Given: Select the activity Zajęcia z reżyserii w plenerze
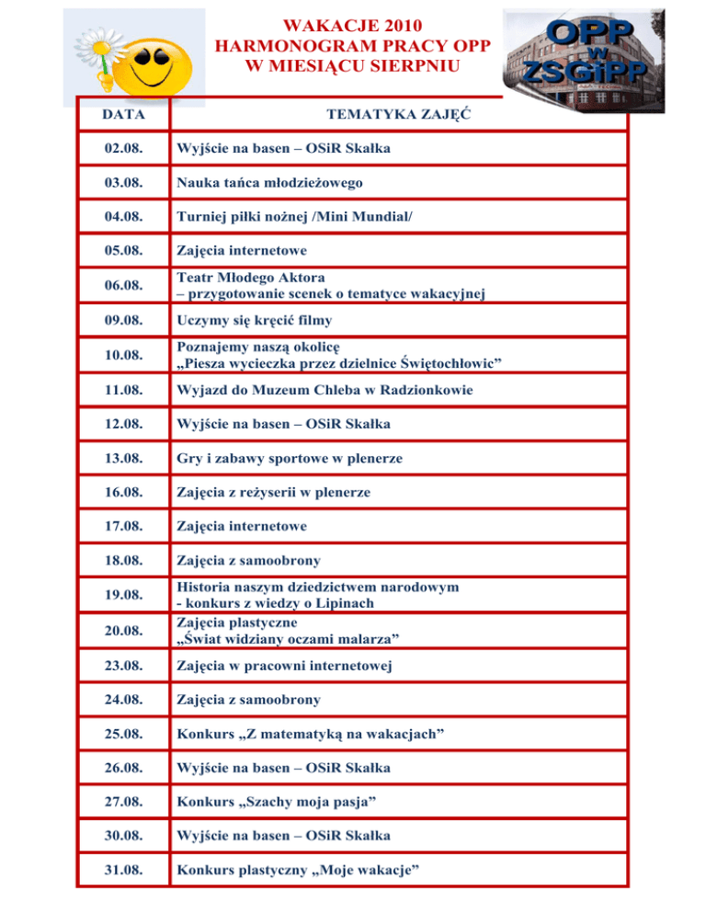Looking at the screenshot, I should pos(273,493).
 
